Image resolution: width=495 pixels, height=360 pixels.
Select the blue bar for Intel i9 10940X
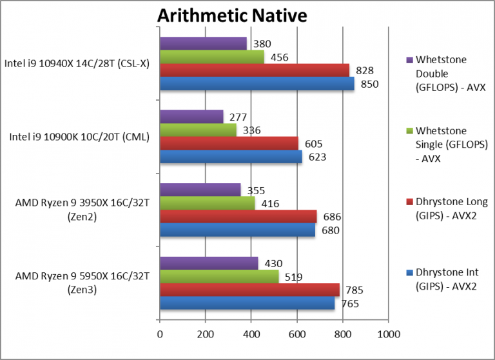pyautogui.click(x=257, y=84)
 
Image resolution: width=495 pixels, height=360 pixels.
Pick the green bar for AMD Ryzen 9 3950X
pyautogui.click(x=207, y=203)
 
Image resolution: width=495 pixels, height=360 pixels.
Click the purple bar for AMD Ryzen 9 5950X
pyautogui.click(x=209, y=263)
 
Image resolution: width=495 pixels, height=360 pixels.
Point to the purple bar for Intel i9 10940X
pyautogui.click(x=203, y=44)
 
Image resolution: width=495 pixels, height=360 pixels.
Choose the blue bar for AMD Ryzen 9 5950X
pyautogui.click(x=247, y=303)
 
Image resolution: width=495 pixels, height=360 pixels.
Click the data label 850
pyautogui.click(x=369, y=84)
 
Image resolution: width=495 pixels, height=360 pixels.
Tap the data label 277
pyautogui.click(x=238, y=117)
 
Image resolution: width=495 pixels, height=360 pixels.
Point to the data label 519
pyautogui.click(x=294, y=277)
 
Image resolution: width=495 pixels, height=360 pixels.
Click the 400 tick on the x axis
pyautogui.click(x=251, y=334)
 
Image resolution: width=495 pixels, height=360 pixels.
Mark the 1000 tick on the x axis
pyautogui.click(x=388, y=334)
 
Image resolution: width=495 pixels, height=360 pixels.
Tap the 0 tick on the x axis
pyautogui.click(x=160, y=334)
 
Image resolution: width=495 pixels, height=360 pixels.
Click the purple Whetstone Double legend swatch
pyautogui.click(x=409, y=61)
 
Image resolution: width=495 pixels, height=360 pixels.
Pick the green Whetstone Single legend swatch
pyautogui.click(x=409, y=132)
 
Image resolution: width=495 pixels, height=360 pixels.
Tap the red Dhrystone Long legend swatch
pyautogui.click(x=409, y=203)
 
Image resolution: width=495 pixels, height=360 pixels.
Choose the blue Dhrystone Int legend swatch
pyautogui.click(x=409, y=273)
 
